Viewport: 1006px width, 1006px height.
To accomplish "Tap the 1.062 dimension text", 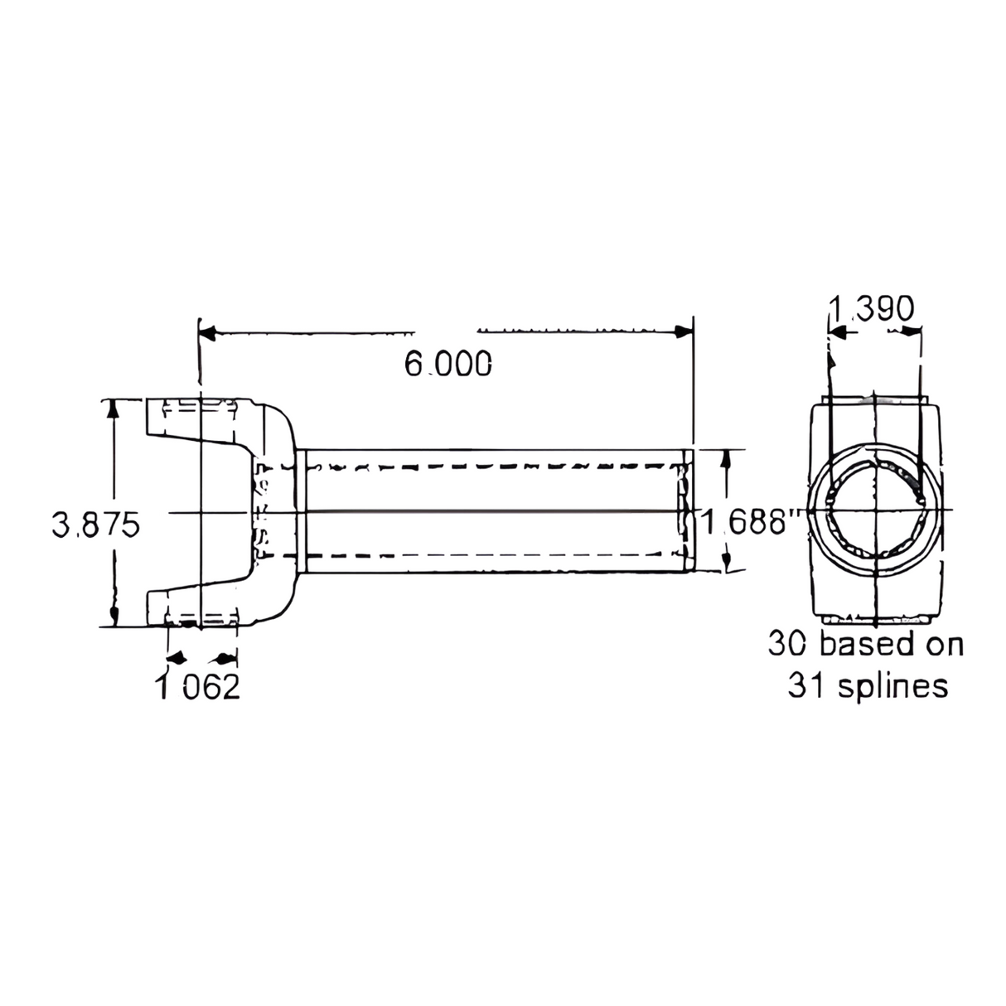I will [x=199, y=687].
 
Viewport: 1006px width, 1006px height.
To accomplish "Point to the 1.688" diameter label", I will [x=750, y=523].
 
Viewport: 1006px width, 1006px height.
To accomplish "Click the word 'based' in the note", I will [x=865, y=644].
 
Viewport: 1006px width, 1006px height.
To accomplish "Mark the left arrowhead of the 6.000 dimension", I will [x=208, y=332].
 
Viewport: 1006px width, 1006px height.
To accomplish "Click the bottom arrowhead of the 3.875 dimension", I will [x=114, y=616].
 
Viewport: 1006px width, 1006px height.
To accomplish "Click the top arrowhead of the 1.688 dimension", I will [x=727, y=461].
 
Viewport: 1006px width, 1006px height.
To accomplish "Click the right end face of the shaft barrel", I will [x=689, y=510].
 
